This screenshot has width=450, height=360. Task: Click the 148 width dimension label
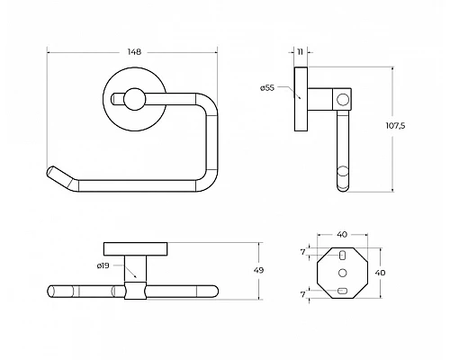tap(134, 52)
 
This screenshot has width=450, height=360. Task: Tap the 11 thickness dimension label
tap(300, 52)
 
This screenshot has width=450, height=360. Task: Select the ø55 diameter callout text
tap(267, 88)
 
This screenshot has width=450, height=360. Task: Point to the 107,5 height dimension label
tap(395, 125)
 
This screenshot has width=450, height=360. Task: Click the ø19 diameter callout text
tap(103, 265)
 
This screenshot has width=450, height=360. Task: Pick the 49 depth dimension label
tap(258, 270)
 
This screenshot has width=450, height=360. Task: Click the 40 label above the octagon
tap(342, 234)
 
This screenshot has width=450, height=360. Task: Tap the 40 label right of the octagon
tap(380, 273)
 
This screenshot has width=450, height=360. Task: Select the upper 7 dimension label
tap(303, 252)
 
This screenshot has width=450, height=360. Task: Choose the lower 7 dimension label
tap(303, 294)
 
